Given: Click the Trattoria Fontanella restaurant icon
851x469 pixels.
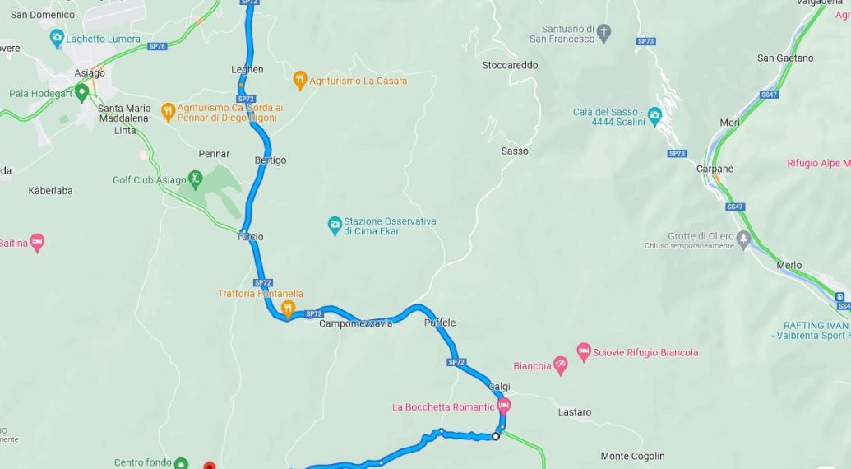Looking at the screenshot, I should click(288, 309).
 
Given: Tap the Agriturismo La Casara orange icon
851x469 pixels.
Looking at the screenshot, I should click(300, 80).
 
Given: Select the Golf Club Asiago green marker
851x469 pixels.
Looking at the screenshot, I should click(195, 178).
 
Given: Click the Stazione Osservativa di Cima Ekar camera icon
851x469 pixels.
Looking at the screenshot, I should click(335, 225).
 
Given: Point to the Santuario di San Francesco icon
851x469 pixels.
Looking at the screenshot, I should click(604, 33).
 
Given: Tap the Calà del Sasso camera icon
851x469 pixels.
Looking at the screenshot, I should click(654, 114).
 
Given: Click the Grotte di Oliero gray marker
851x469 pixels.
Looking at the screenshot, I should click(743, 239).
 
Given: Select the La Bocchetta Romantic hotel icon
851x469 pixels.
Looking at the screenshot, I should click(504, 406).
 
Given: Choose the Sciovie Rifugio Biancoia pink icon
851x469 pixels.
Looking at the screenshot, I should click(584, 351).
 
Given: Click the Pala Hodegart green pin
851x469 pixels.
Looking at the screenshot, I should click(81, 92).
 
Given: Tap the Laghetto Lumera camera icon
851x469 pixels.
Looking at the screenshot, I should click(57, 38).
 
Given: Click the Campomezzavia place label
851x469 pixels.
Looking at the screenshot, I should click(356, 323).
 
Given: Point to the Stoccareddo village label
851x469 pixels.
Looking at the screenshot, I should click(510, 65).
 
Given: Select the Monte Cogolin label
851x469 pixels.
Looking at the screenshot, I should click(632, 456).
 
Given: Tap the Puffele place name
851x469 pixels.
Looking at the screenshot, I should click(440, 323).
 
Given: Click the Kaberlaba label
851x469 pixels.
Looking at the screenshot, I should click(50, 190).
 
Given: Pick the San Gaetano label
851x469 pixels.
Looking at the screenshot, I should click(785, 58).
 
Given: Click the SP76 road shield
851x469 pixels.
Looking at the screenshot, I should click(157, 46).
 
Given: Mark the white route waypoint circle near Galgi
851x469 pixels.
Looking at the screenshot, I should click(496, 436).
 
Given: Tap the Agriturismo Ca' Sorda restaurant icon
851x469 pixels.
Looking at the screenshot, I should click(169, 111).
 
